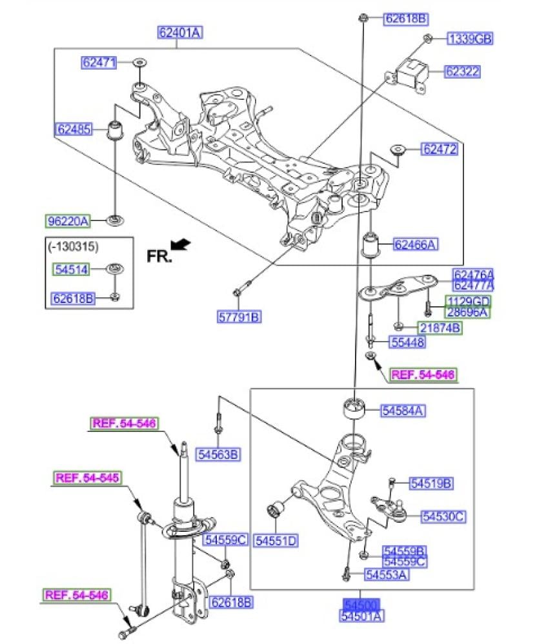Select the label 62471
pyautogui.click(x=99, y=63)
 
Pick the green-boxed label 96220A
pyautogui.click(x=67, y=222)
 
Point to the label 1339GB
pyautogui.click(x=470, y=39)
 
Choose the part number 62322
pyautogui.click(x=461, y=72)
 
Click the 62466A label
pyautogui.click(x=416, y=244)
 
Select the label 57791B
pyautogui.click(x=238, y=317)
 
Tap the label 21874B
pyautogui.click(x=439, y=328)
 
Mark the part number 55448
pyautogui.click(x=407, y=343)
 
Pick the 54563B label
pyautogui.click(x=219, y=454)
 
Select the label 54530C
pyautogui.click(x=443, y=516)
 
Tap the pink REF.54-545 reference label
pyautogui.click(x=87, y=478)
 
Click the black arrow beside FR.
pyautogui.click(x=184, y=244)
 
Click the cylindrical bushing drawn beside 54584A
pyautogui.click(x=353, y=407)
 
